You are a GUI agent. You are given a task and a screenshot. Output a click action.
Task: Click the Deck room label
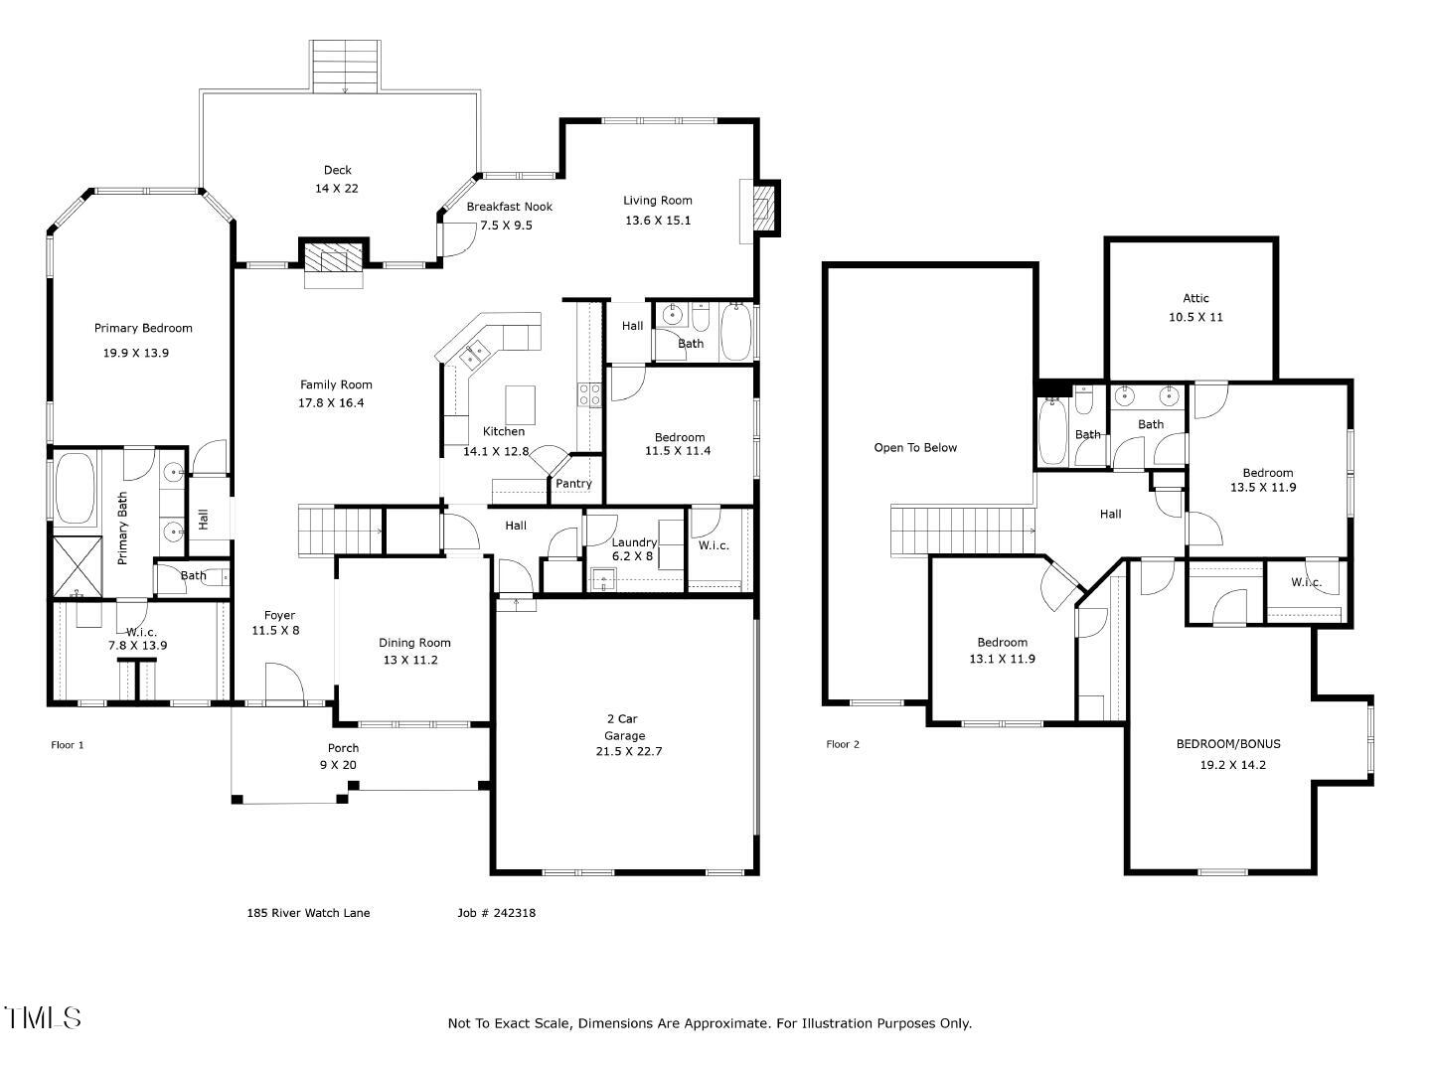coord(337,170)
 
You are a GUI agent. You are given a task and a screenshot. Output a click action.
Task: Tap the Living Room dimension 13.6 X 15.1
coord(657,221)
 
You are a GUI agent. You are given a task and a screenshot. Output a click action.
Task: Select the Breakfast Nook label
coord(509,207)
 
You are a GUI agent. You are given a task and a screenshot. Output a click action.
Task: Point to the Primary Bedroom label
coord(143,329)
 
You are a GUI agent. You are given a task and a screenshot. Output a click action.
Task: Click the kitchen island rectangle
coord(521,404)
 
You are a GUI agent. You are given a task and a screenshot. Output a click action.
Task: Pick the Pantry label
coord(573,484)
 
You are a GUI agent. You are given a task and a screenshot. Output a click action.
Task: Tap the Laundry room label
coord(634,542)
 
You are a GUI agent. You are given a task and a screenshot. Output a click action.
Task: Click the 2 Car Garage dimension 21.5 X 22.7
coord(628,751)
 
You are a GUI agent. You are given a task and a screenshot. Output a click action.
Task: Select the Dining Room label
coord(414,643)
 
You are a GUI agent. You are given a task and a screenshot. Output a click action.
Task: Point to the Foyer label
coord(279,615)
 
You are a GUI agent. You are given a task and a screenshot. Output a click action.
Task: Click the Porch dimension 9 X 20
coord(338,765)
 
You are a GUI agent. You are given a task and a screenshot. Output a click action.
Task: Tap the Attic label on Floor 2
coord(1195,298)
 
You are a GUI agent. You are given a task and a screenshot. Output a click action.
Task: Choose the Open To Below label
coord(915,448)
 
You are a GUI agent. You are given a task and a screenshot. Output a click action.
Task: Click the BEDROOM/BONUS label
coord(1228,744)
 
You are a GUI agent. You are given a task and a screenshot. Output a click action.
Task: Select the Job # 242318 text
coord(496,913)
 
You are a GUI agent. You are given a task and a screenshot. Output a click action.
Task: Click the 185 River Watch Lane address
coord(308,913)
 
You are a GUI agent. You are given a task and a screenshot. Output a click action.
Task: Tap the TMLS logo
coord(43,1017)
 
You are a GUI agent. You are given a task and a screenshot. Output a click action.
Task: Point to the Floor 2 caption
coord(843,744)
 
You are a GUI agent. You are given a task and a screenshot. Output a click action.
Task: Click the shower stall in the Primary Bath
coord(77,566)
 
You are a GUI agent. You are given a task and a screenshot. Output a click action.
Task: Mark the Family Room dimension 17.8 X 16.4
coord(331,402)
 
